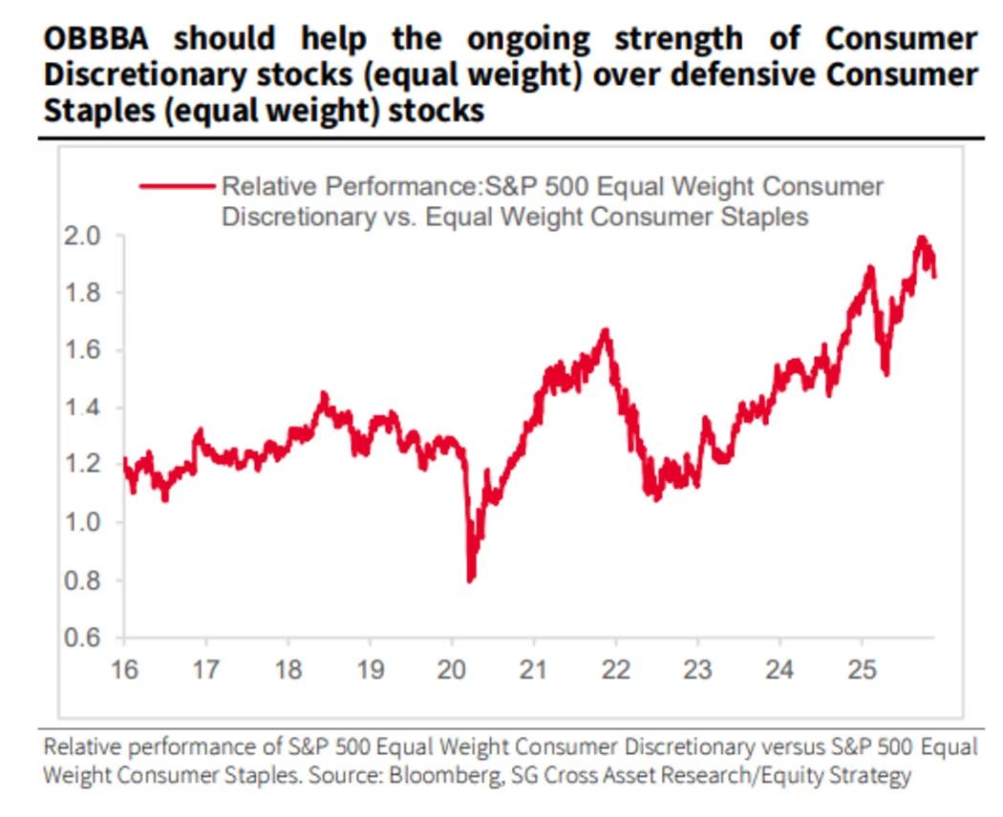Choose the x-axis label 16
[124, 669]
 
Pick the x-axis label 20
[452, 669]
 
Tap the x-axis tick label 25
[862, 669]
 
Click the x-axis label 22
[616, 669]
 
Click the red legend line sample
[177, 187]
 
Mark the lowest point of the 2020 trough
[470, 578]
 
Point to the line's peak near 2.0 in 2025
[921, 238]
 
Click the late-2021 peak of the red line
[605, 331]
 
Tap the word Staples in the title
[89, 111]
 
